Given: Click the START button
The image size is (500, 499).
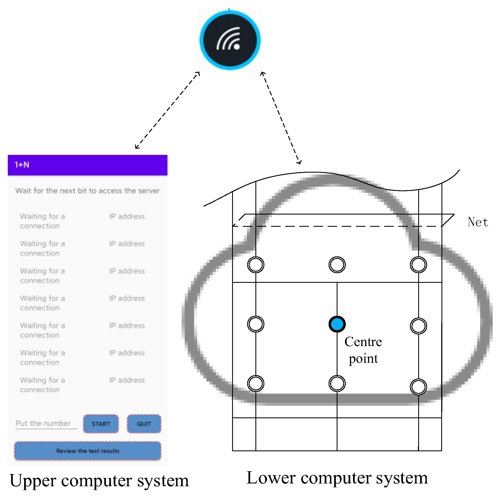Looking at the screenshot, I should coord(101,424).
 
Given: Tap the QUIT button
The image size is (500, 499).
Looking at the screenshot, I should coord(144,424).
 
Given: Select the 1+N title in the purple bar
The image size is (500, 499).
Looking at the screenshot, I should coord(22,165).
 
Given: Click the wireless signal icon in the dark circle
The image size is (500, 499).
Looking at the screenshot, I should coord(230,40).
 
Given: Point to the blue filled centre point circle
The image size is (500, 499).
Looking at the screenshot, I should coord(337,324).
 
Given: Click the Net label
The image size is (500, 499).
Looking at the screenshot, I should coord(478,222).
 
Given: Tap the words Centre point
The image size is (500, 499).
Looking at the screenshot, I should coord(363,350).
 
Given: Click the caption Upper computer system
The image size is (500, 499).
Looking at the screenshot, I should coord(99,480).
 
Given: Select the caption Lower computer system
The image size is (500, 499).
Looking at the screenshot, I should coord(337,478).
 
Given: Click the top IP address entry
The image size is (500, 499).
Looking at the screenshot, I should coord(127,216).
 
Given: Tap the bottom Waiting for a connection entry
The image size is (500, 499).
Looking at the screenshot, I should coord(42,385).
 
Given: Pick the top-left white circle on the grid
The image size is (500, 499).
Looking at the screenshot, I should coord(256,264).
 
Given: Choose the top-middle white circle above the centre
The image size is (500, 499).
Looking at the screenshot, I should coord(337,264).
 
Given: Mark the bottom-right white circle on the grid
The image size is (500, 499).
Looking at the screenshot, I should coord(418,387).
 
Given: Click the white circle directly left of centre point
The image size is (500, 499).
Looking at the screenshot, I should coord(256,324).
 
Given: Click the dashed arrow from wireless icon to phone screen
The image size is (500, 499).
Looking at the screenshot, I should coord(167,110).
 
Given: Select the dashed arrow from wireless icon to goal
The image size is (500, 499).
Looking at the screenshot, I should coord(281,118).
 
